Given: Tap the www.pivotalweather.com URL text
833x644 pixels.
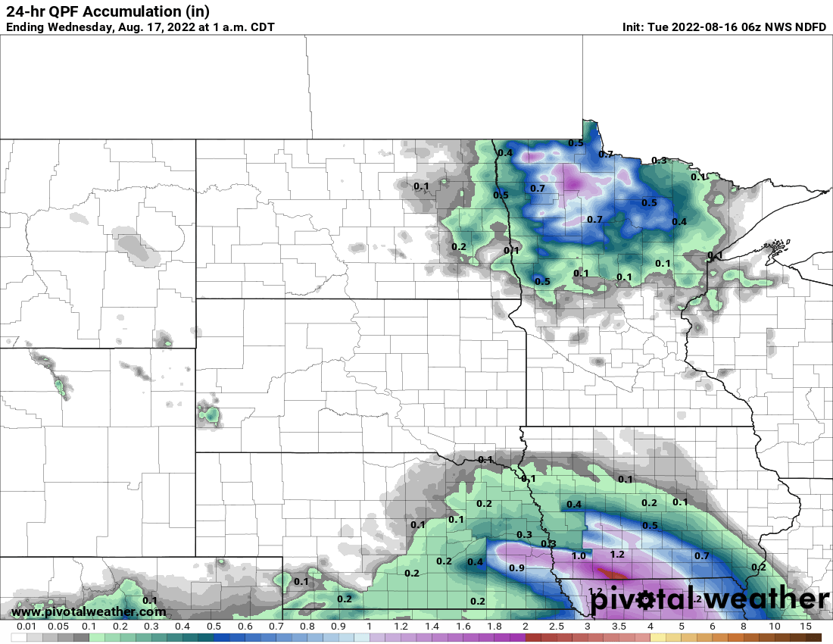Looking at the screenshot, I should pos(89,611).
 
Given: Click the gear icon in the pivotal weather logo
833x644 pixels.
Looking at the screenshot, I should pos(646,601).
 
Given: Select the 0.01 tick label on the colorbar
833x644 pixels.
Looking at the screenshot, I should pos(27,627).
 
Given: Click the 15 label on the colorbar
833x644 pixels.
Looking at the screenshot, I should pos(805,627).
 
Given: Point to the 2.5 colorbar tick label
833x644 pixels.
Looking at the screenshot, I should pos(556,627).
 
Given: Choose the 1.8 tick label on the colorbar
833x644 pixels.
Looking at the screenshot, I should pos(494,627).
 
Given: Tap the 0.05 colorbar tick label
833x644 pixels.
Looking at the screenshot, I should pos(58,627).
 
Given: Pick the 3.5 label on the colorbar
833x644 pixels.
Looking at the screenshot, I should pos(619,627).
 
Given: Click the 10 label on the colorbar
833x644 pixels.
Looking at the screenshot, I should pos(774,627).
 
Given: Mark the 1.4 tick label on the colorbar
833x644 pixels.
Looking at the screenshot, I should pos(432,627).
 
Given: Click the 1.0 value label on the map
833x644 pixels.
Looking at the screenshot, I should pos(579,555).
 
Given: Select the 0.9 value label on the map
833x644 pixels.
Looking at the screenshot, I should pos(516,567).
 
